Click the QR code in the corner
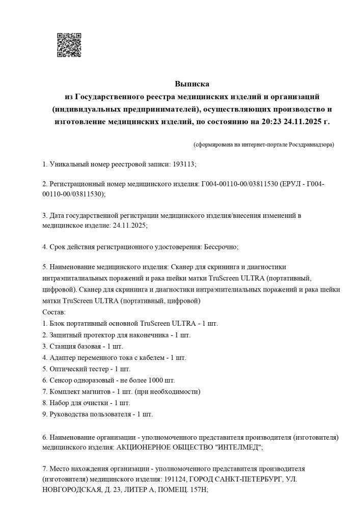pyautogui.click(x=69, y=45)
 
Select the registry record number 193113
pyautogui.click(x=184, y=164)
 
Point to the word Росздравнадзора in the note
pyautogui.click(x=311, y=145)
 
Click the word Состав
pyautogui.click(x=53, y=311)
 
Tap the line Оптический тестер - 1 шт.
pyautogui.click(x=86, y=369)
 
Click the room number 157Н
pyautogui.click(x=197, y=491)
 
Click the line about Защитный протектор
pyautogui.click(x=116, y=334)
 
